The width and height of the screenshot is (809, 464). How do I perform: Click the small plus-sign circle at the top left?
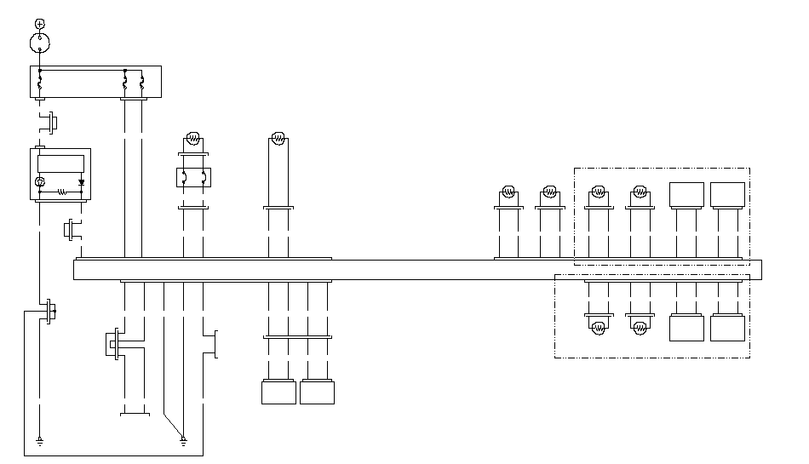pyautogui.click(x=39, y=23)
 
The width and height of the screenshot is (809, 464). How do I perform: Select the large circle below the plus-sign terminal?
pyautogui.click(x=39, y=42)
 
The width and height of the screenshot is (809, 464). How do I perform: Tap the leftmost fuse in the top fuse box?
pyautogui.click(x=39, y=83)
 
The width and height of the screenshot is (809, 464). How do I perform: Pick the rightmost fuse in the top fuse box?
pyautogui.click(x=141, y=83)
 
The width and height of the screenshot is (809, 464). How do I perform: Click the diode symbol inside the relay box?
pyautogui.click(x=82, y=182)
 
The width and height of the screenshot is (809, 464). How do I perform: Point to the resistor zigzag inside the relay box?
pyautogui.click(x=61, y=192)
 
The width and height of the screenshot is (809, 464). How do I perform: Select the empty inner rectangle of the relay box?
pyautogui.click(x=61, y=163)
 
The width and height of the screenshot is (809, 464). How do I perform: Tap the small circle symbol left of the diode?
pyautogui.click(x=39, y=182)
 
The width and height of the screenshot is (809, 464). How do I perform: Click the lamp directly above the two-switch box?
pyautogui.click(x=193, y=138)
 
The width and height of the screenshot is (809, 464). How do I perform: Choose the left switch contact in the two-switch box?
pyautogui.click(x=185, y=177)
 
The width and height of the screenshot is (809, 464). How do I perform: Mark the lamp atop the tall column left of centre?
pyautogui.click(x=278, y=137)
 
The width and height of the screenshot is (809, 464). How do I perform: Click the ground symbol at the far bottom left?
pyautogui.click(x=39, y=440)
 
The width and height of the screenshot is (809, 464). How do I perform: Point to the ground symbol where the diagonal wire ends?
pyautogui.click(x=183, y=439)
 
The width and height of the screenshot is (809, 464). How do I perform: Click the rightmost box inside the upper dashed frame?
pyautogui.click(x=727, y=195)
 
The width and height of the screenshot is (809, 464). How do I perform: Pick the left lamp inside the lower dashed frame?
pyautogui.click(x=600, y=325)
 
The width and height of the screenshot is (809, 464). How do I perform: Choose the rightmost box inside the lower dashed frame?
pyautogui.click(x=727, y=328)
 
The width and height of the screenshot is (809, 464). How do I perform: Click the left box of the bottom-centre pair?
pyautogui.click(x=278, y=392)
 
